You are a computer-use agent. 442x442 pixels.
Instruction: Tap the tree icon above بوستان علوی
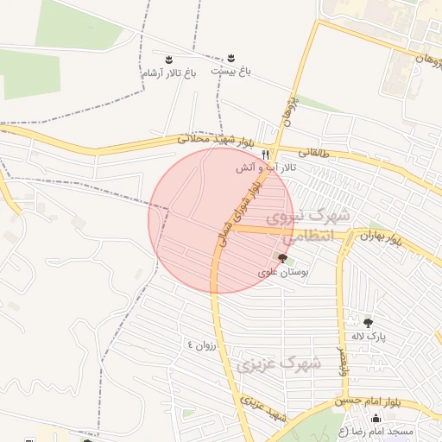click(283, 258)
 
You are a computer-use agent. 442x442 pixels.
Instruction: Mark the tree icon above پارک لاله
click(369, 322)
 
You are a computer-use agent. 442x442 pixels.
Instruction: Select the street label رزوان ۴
click(205, 345)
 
